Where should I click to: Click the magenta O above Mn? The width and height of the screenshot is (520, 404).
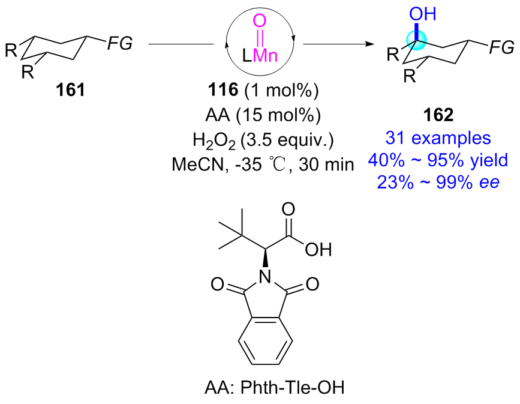tap(259, 22)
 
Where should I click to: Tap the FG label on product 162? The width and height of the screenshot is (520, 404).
tap(500, 46)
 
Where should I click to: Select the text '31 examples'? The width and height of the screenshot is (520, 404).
tap(438, 137)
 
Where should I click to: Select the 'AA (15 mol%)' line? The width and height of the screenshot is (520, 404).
tap(259, 115)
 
